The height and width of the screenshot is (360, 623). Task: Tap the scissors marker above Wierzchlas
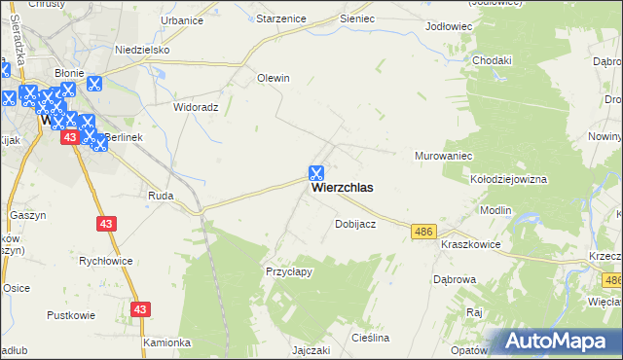pyautogui.click(x=316, y=172)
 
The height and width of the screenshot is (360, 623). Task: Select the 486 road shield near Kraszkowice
pyautogui.click(x=422, y=231)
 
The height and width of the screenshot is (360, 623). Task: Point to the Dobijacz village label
pyautogui.click(x=355, y=224)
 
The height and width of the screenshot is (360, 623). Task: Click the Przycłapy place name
pyautogui.click(x=289, y=271)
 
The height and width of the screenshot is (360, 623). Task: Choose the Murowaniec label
pyautogui.click(x=443, y=156)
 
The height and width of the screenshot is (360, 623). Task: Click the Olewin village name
pyautogui.click(x=274, y=78)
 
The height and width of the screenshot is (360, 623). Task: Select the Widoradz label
pyautogui.click(x=195, y=107)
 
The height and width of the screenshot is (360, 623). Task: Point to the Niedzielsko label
pyautogui.click(x=143, y=50)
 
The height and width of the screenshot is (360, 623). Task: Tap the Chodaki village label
pyautogui.click(x=492, y=60)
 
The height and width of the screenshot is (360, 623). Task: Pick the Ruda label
pyautogui.click(x=161, y=195)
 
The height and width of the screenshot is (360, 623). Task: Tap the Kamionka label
pyautogui.click(x=165, y=342)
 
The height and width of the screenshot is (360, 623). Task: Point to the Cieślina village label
pyautogui.click(x=371, y=338)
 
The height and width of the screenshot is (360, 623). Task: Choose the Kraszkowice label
pyautogui.click(x=470, y=244)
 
